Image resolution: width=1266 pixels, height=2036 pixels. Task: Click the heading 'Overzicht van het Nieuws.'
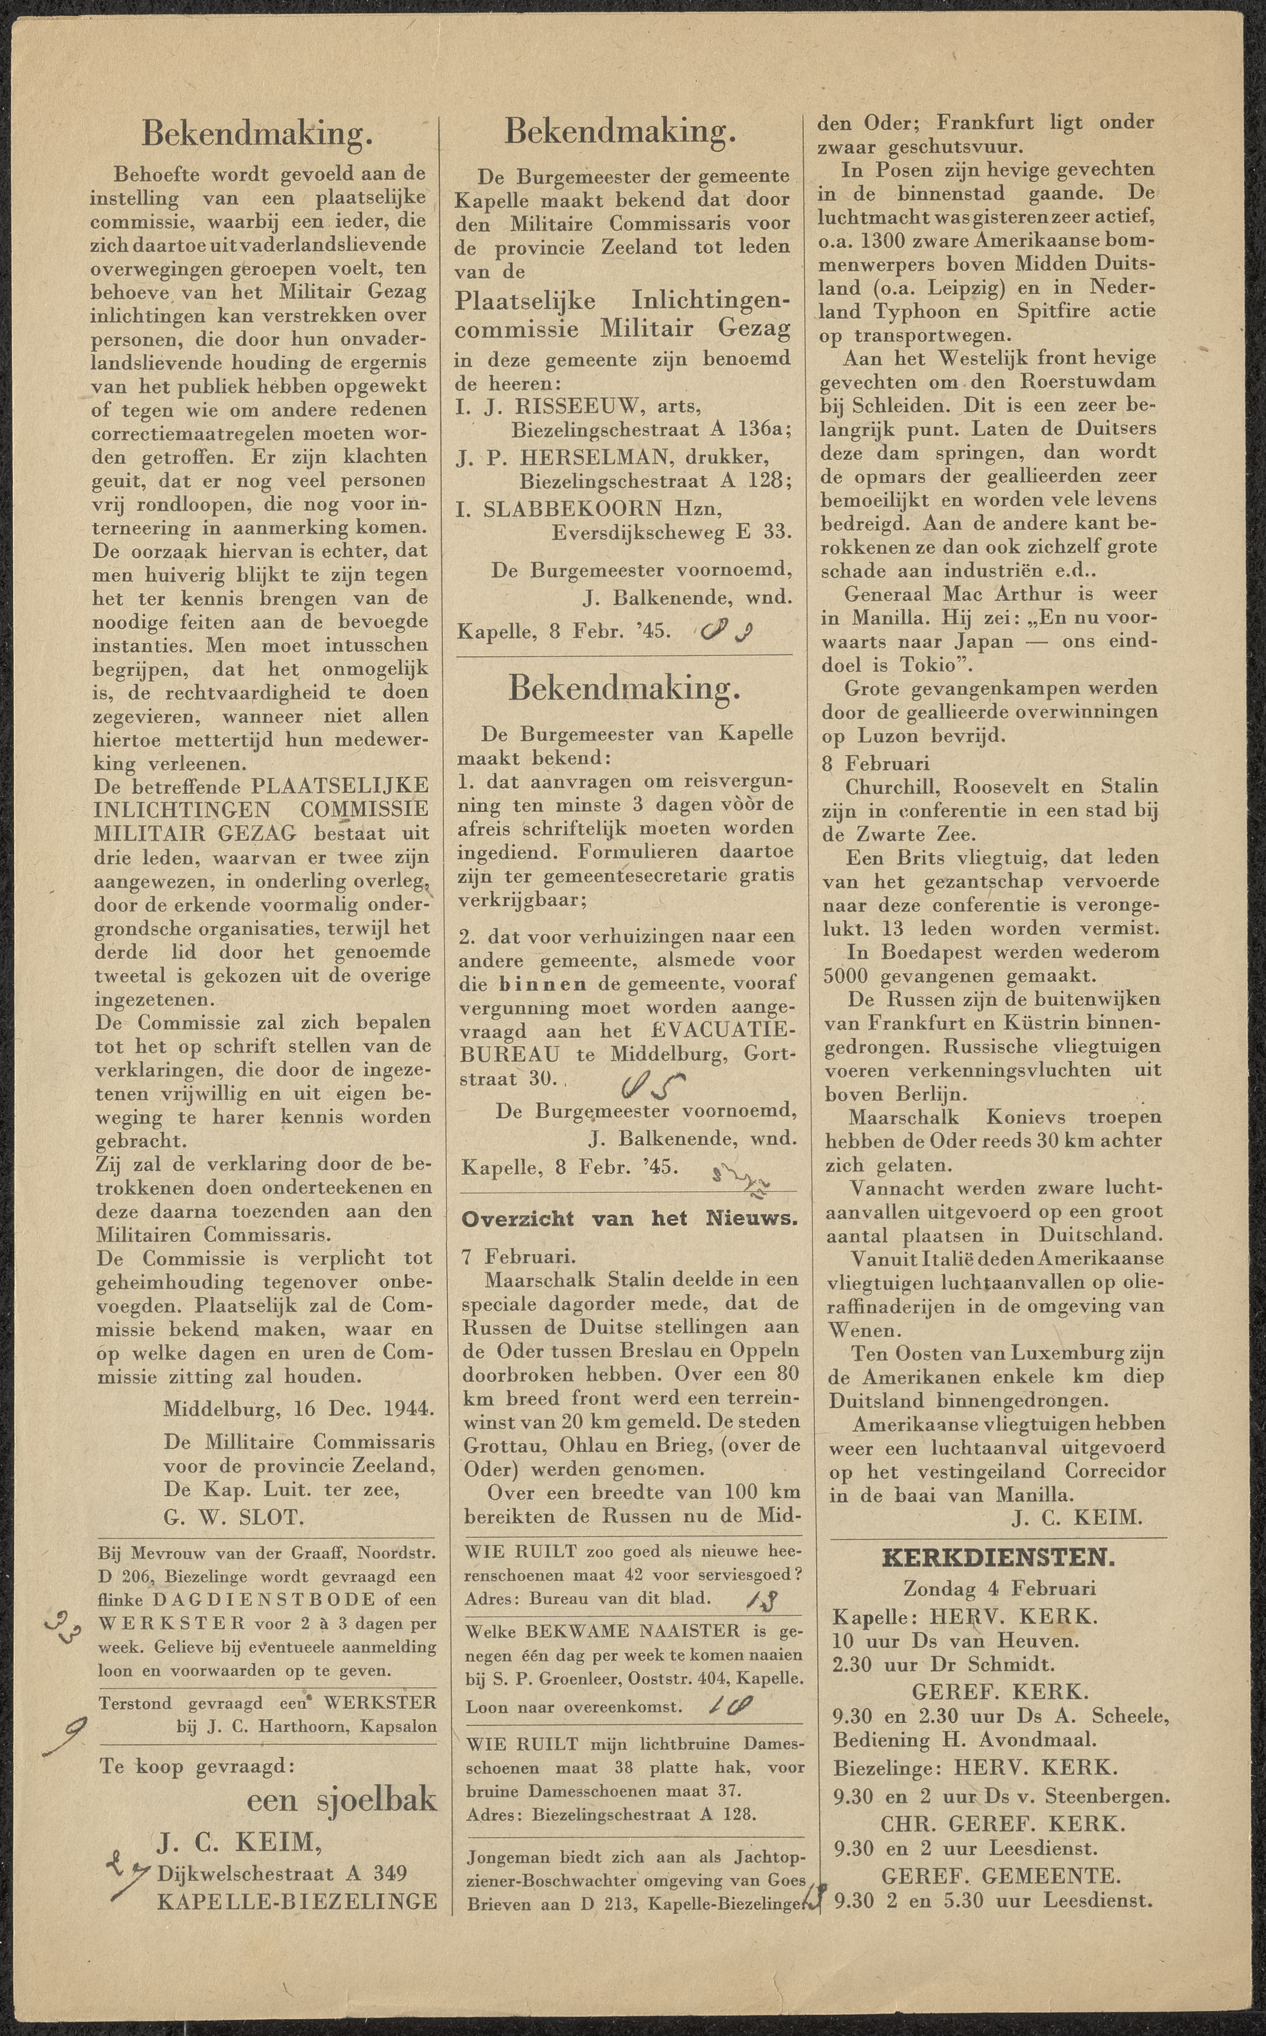pos(629,1219)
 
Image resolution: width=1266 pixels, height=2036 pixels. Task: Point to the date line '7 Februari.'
pos(517,1256)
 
